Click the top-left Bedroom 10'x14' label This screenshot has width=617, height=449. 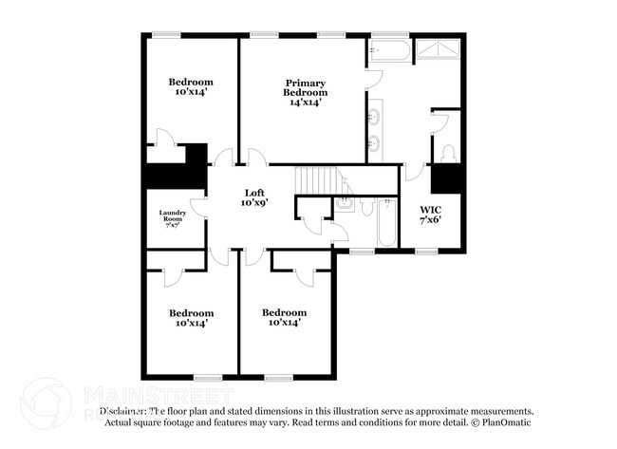click(191, 87)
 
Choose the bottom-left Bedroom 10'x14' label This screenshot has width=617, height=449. click(191, 318)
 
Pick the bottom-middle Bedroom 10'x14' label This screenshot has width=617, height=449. click(284, 318)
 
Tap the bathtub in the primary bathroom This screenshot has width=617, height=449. click(390, 49)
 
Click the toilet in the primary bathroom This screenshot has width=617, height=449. click(448, 152)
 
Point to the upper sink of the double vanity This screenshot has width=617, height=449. click(374, 118)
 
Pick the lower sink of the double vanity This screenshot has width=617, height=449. click(374, 143)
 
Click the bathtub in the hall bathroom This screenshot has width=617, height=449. click(387, 223)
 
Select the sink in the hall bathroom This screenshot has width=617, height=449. click(345, 202)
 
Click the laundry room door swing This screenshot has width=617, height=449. click(198, 207)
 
